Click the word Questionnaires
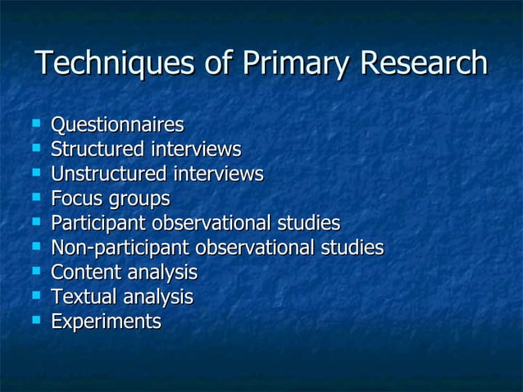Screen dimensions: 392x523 click(x=117, y=125)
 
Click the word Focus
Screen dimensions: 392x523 click(x=76, y=199)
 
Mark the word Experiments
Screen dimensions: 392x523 click(x=106, y=321)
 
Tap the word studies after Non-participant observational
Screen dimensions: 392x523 click(x=354, y=248)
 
